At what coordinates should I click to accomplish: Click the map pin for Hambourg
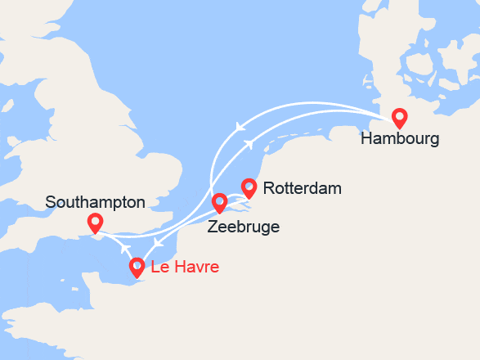click(399, 117)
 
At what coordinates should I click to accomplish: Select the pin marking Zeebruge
click(219, 201)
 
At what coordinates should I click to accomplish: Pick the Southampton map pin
click(95, 221)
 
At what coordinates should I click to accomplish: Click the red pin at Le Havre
click(137, 266)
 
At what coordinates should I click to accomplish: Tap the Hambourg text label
click(400, 139)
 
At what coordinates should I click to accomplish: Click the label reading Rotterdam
click(303, 189)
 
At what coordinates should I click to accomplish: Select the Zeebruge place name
click(244, 227)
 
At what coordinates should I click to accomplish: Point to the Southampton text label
click(96, 201)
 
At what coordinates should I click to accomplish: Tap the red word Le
click(159, 268)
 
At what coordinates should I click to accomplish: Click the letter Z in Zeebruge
click(213, 227)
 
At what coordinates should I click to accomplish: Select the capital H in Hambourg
click(366, 139)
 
